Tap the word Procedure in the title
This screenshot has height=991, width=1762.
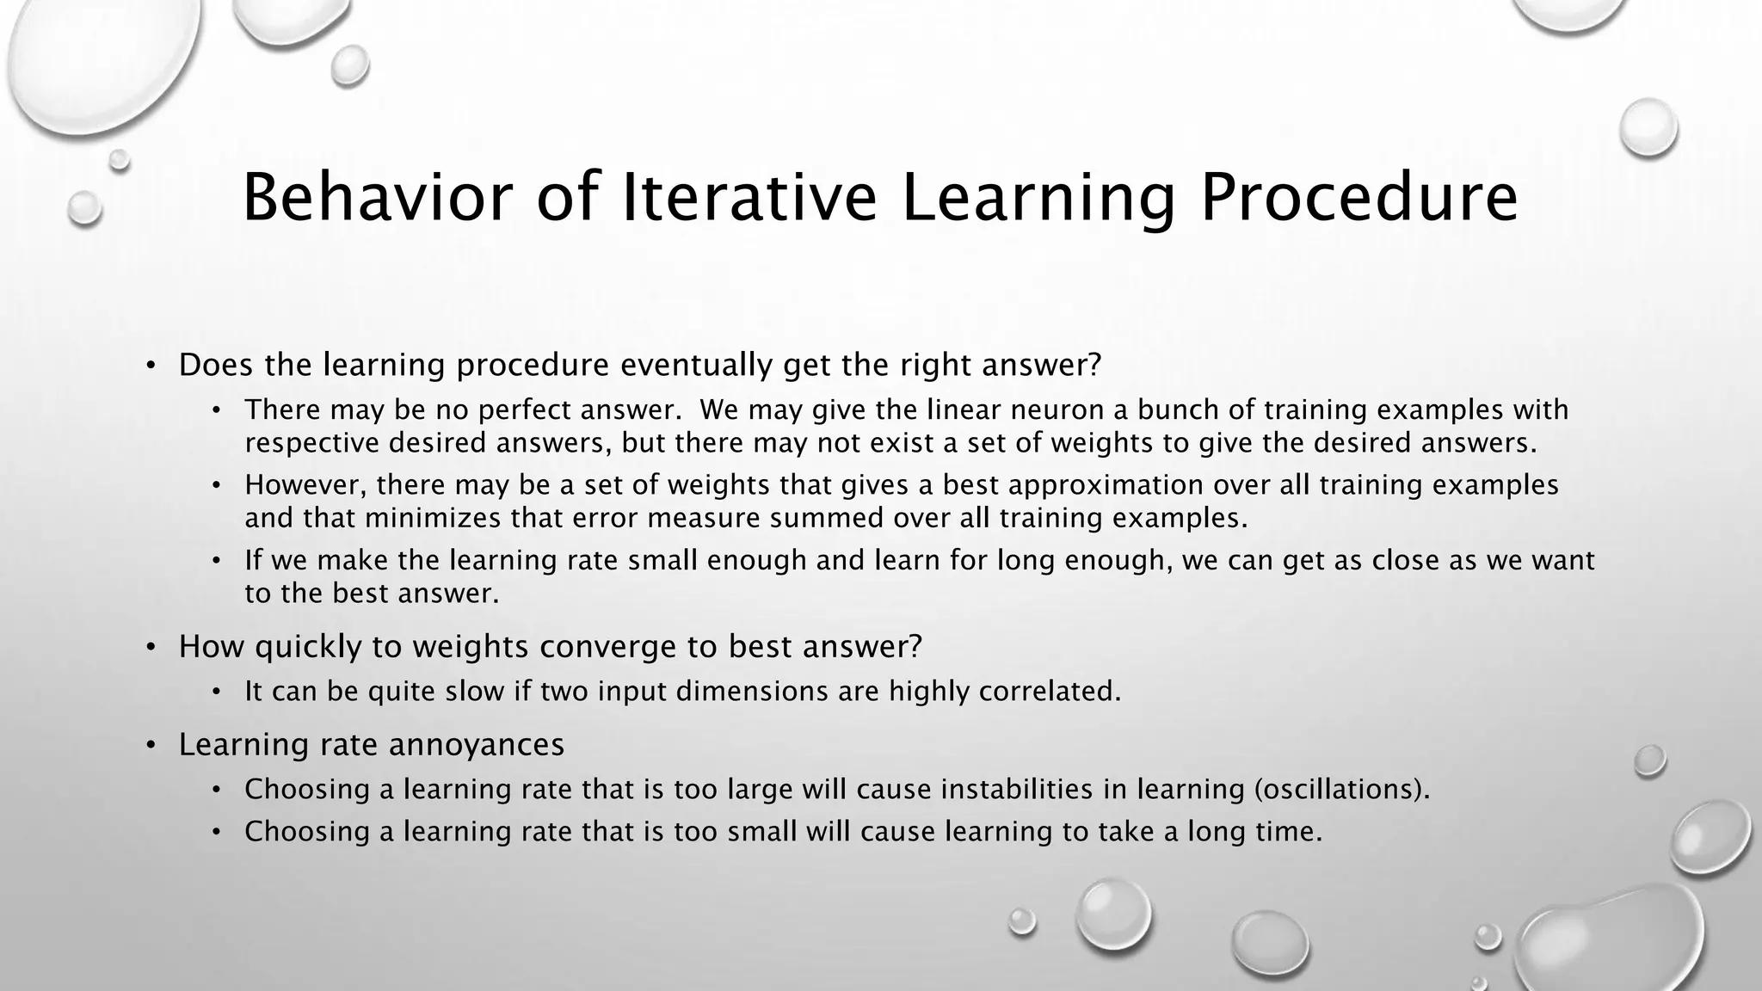(1358, 199)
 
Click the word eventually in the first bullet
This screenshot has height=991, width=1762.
(697, 365)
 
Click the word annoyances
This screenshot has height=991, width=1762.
(477, 744)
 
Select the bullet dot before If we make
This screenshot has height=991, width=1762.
(217, 562)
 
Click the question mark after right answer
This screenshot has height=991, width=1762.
(1094, 365)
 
